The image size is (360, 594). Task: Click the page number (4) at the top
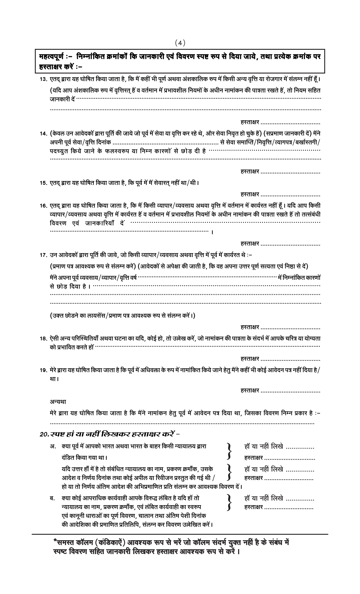point(180,43)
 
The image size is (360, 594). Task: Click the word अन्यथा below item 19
point(58,402)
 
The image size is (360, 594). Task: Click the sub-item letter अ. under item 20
point(52,447)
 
